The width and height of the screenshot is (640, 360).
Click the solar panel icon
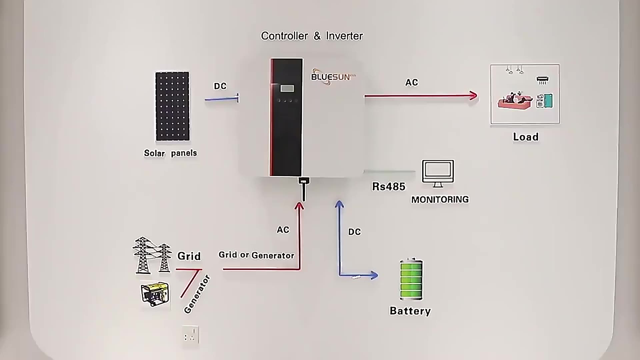[172, 106]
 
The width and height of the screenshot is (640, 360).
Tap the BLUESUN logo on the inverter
[331, 77]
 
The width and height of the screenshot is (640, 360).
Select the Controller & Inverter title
[312, 36]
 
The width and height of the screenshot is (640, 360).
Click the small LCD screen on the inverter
[287, 88]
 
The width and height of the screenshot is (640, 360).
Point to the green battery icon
[411, 279]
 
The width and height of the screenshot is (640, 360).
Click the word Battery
[410, 311]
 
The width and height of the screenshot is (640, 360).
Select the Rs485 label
[388, 186]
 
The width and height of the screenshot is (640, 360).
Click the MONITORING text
[440, 199]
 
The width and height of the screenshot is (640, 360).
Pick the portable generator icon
[155, 294]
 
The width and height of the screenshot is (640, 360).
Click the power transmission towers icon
[152, 255]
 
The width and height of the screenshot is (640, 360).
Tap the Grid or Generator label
[256, 255]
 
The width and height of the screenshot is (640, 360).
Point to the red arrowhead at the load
[473, 96]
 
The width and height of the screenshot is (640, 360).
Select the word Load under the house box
[525, 137]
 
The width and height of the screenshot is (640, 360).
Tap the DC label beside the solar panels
[220, 86]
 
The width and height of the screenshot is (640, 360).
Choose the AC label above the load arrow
[411, 82]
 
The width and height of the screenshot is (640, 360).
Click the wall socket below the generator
[190, 335]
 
